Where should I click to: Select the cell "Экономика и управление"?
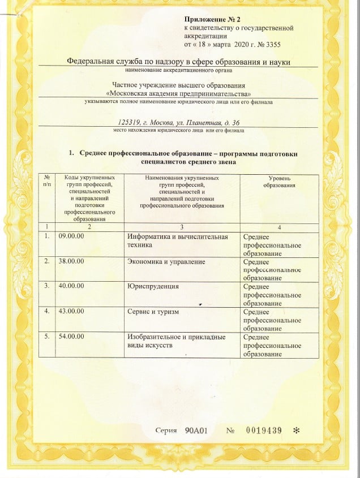point(166,262)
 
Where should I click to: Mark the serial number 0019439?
point(264,430)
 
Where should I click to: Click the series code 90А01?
point(197,430)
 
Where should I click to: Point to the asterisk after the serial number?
point(296,430)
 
